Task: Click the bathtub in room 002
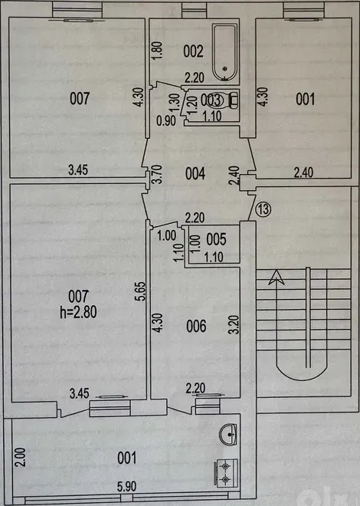(x=225, y=53)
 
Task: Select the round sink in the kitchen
(x=228, y=435)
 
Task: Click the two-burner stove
(x=226, y=472)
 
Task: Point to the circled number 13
(x=263, y=209)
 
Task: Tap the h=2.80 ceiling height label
(x=78, y=312)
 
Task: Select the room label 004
(x=195, y=173)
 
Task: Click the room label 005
(x=216, y=239)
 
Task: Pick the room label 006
(x=196, y=327)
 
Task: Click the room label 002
(x=193, y=51)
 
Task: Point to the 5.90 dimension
(x=126, y=486)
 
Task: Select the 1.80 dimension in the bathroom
(x=157, y=51)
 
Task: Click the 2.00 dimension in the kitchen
(x=21, y=457)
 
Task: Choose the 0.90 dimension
(x=166, y=121)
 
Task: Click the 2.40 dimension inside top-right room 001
(x=303, y=172)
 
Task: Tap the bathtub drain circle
(x=225, y=68)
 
